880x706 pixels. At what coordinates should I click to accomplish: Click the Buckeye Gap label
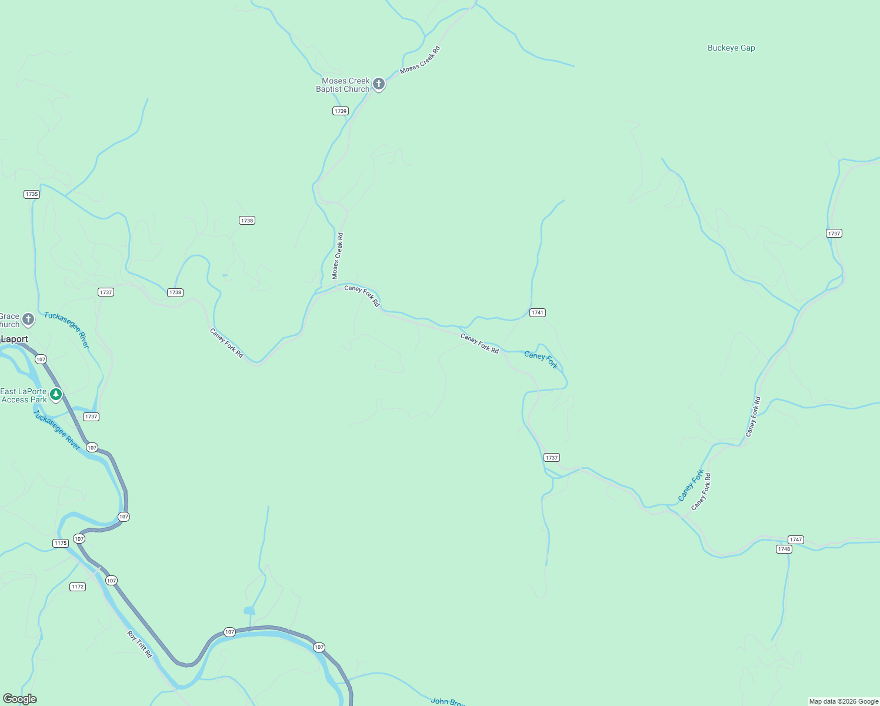pyautogui.click(x=731, y=48)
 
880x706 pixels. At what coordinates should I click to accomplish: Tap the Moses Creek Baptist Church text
pyautogui.click(x=344, y=85)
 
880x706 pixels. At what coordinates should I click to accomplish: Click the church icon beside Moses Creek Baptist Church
pyautogui.click(x=379, y=84)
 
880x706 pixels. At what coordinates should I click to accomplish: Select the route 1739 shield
pyautogui.click(x=340, y=111)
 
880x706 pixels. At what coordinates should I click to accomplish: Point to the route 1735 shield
pyautogui.click(x=32, y=194)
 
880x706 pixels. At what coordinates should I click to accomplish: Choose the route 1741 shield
pyautogui.click(x=537, y=312)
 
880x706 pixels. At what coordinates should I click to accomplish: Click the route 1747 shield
pyautogui.click(x=795, y=540)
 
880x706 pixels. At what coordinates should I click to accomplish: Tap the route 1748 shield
pyautogui.click(x=784, y=549)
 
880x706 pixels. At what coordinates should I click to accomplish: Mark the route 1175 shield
pyautogui.click(x=61, y=543)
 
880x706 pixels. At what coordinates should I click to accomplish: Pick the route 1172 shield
pyautogui.click(x=78, y=587)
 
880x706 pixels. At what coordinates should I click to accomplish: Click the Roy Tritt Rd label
pyautogui.click(x=140, y=644)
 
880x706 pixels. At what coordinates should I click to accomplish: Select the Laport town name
pyautogui.click(x=15, y=339)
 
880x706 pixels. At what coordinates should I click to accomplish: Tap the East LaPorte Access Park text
pyautogui.click(x=24, y=395)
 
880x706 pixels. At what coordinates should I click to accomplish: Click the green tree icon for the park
pyautogui.click(x=56, y=394)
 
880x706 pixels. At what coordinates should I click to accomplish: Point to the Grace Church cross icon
pyautogui.click(x=28, y=319)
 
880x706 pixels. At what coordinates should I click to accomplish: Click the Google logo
pyautogui.click(x=19, y=699)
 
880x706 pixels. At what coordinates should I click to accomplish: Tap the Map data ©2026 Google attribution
pyautogui.click(x=843, y=701)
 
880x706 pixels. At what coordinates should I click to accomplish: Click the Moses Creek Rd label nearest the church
pyautogui.click(x=420, y=60)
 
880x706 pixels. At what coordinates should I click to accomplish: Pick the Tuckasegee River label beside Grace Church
pyautogui.click(x=66, y=330)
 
